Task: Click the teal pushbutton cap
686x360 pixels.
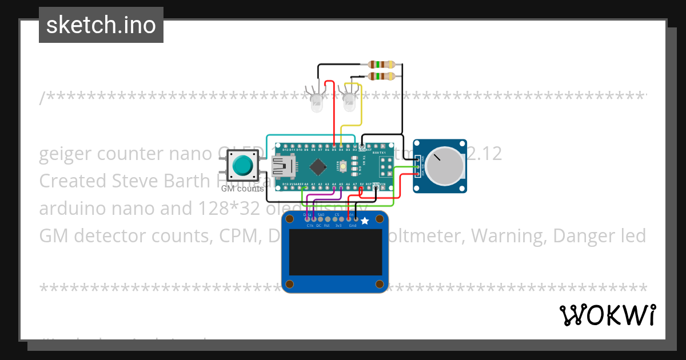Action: tap(243, 166)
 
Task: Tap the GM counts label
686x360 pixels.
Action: tap(242, 189)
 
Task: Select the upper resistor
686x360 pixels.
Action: tap(382, 64)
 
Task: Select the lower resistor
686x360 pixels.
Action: tap(382, 76)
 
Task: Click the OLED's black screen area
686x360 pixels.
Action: tap(335, 253)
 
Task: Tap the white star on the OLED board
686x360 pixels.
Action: tap(365, 221)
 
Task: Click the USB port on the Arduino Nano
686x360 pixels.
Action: tap(282, 166)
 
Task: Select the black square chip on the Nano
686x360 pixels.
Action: tap(318, 167)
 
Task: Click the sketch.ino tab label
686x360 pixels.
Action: tap(101, 25)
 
